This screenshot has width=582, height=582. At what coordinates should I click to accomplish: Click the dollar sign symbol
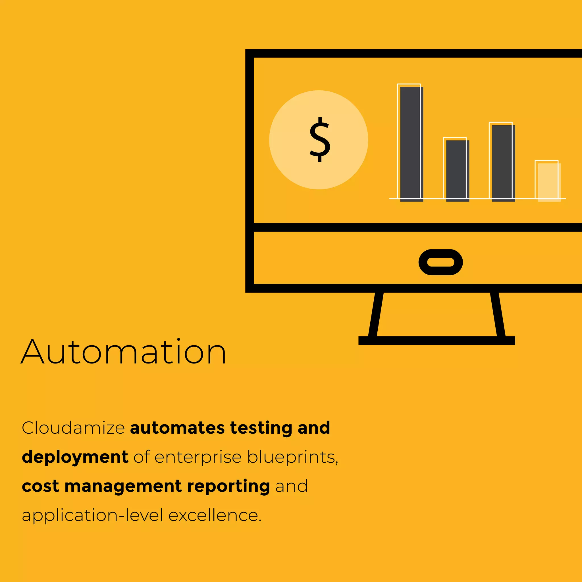pos(320,140)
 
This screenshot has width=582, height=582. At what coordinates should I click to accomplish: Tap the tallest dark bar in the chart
pos(411,144)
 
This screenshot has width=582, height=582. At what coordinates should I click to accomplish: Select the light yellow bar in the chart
pos(549,182)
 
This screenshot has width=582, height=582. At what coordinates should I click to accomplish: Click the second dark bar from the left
pos(457,171)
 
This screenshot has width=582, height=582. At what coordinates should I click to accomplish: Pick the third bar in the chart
pos(503,163)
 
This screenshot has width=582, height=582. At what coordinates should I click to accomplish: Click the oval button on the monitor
pos(440,262)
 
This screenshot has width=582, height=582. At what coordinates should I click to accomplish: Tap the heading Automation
pos(124,352)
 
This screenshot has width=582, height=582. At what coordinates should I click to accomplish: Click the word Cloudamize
pos(73,428)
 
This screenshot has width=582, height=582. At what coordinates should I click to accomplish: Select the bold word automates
pos(177,428)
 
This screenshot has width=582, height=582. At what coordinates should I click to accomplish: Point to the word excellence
pos(215,516)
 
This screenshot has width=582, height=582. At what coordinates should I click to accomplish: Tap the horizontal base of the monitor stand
pos(436,340)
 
